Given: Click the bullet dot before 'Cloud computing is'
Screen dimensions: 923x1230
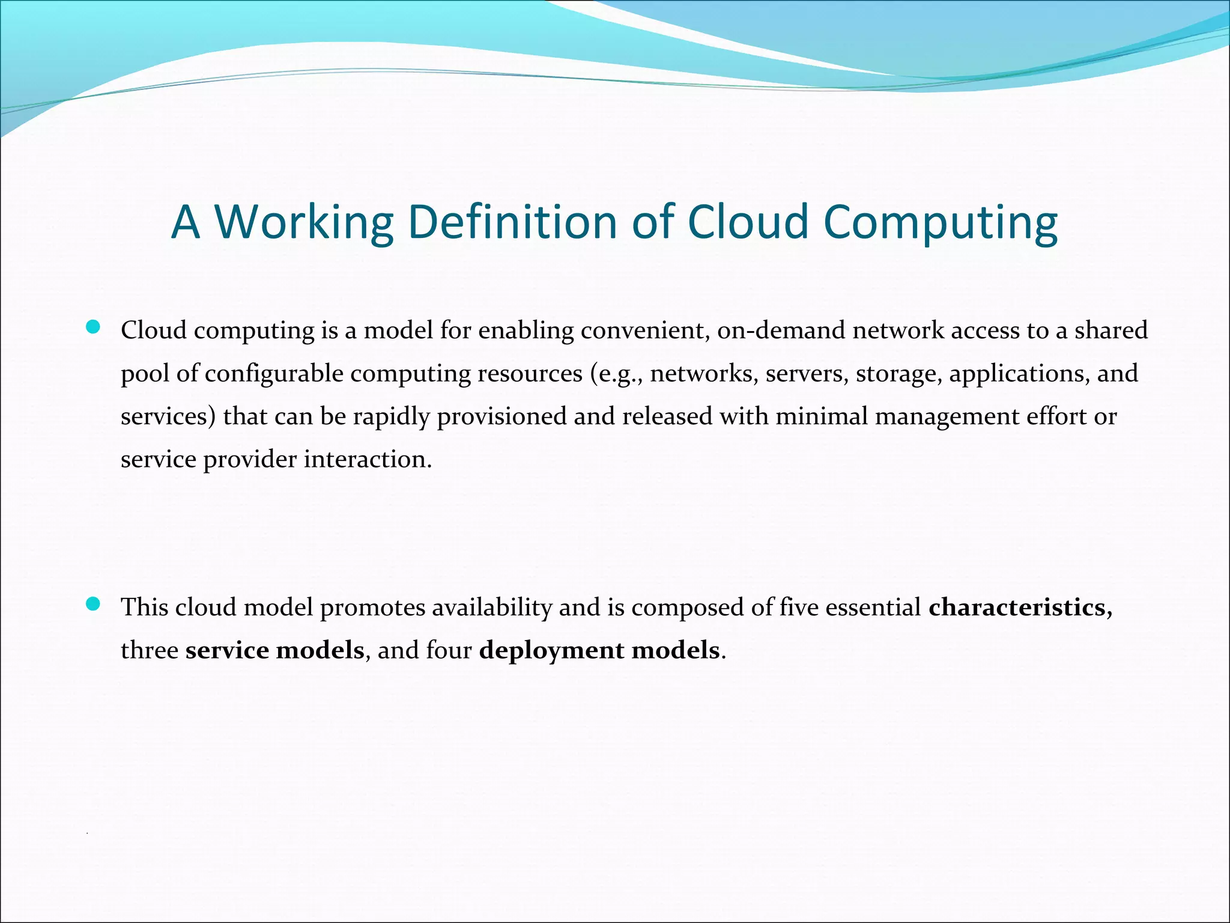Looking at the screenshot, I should point(93,327).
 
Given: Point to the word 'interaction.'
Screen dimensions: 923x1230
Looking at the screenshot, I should point(368,460).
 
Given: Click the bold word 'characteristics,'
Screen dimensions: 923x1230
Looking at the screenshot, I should point(1020,608).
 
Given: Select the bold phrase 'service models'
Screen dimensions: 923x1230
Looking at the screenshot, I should point(274,651).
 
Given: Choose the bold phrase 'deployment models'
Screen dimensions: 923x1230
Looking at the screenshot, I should point(599,651).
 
